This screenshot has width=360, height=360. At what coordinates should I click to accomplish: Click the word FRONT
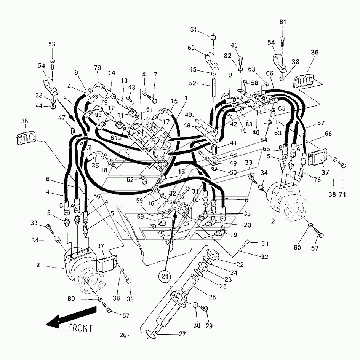pos(80,328)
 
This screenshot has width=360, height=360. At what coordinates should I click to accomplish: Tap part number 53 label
pos(52,45)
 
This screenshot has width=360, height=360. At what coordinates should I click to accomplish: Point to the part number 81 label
pos(282,22)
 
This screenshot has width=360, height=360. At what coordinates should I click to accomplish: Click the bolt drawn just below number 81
pos(282,40)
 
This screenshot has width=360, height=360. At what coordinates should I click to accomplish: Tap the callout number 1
pos(186,98)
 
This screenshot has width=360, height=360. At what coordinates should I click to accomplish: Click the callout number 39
pos(130,299)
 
